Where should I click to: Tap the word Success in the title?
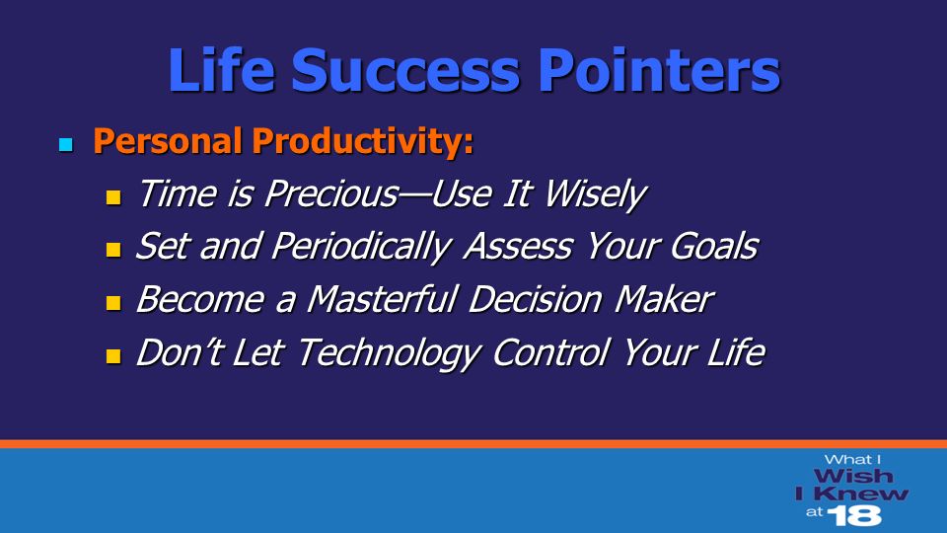[x=405, y=71]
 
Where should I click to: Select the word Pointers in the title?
[x=659, y=70]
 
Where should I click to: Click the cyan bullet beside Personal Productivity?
[x=66, y=144]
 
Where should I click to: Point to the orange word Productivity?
[x=362, y=141]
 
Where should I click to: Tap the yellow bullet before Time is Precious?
[x=113, y=197]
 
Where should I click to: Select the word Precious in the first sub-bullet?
[x=331, y=193]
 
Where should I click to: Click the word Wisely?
[x=595, y=195]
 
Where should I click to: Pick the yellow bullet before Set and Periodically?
[x=113, y=250]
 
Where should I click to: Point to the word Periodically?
[x=361, y=248]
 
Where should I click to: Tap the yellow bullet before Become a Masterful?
[x=113, y=303]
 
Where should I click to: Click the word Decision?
[x=536, y=299]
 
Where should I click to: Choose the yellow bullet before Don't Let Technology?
[x=113, y=356]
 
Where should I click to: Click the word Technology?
[x=389, y=353]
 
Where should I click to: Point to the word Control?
[x=550, y=352]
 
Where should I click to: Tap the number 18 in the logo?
[x=854, y=515]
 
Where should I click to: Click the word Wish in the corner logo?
[x=852, y=476]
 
